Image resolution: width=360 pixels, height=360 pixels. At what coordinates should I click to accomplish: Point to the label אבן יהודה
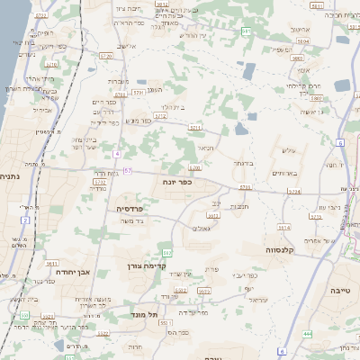(69, 270)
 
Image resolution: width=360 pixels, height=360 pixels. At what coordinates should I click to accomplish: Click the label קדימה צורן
(167, 266)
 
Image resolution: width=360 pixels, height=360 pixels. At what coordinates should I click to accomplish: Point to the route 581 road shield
(246, 31)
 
